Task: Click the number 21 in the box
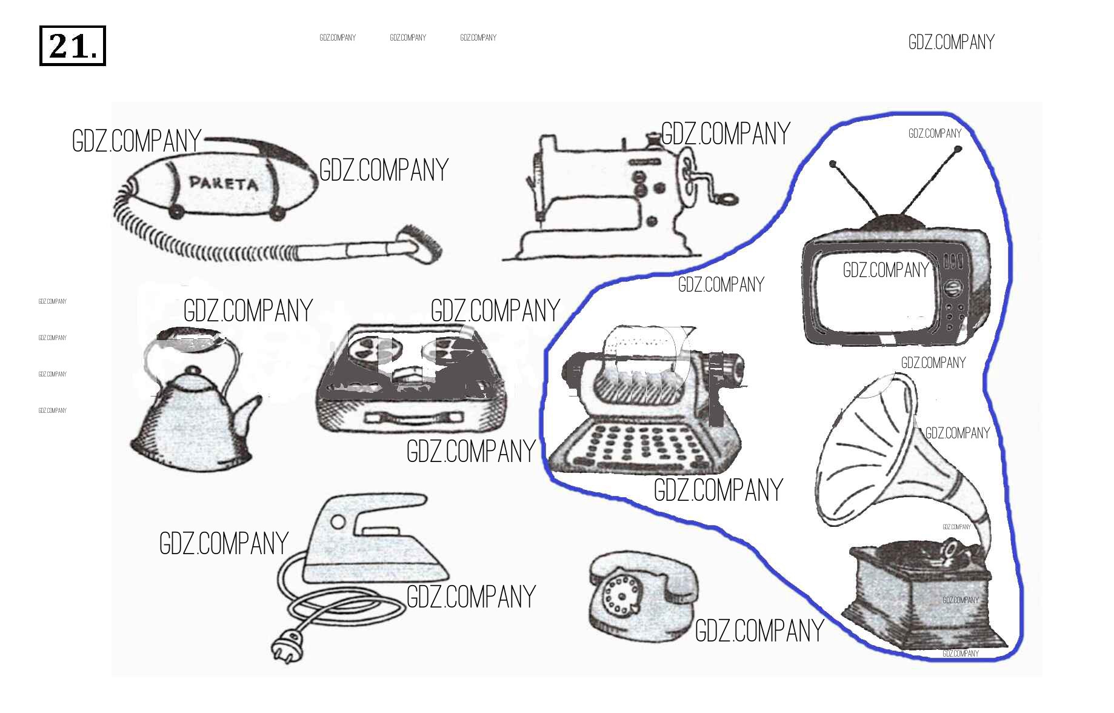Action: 72,46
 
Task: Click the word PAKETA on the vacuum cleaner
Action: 223,182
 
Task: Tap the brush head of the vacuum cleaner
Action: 421,244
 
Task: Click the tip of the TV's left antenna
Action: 833,164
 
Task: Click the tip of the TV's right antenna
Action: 958,149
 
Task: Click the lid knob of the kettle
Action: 193,370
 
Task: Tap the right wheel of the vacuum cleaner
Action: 277,213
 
